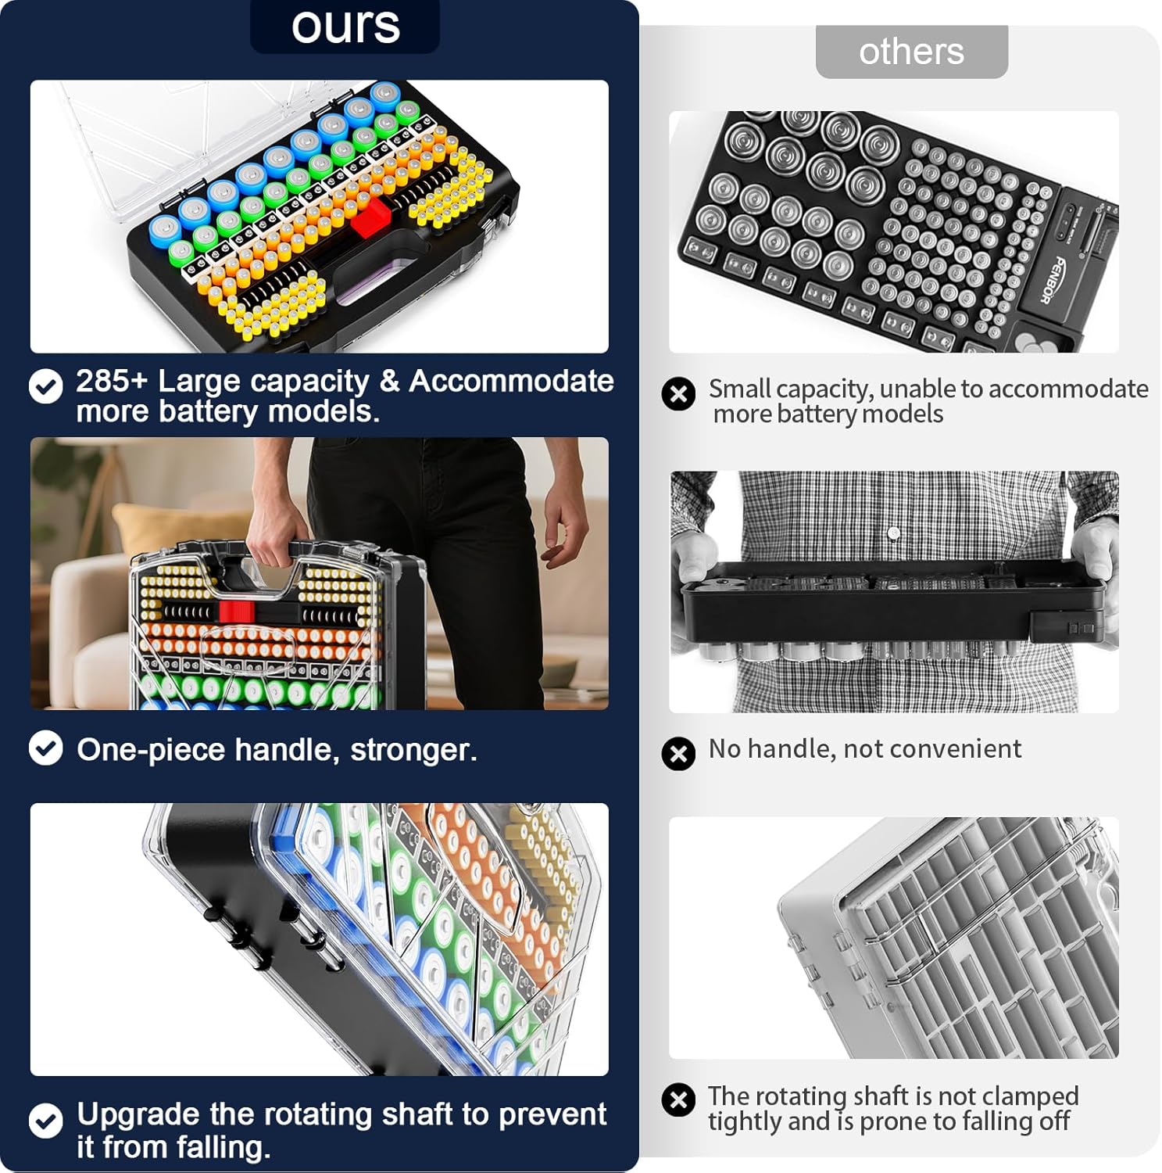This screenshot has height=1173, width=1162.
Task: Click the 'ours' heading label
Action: coord(345,26)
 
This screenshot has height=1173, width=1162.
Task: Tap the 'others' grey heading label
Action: coord(911,52)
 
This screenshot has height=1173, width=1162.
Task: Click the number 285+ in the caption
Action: coord(112,381)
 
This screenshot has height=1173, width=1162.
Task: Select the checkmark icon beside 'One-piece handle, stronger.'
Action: coord(46,748)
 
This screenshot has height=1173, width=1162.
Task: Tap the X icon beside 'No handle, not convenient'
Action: coord(678,754)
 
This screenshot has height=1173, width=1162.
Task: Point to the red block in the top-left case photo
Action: coord(370,216)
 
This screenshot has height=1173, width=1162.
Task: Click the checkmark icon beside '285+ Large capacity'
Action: coord(46,386)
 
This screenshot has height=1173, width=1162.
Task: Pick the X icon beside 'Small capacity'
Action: coord(678,393)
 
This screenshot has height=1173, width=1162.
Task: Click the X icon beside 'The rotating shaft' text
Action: coord(678,1100)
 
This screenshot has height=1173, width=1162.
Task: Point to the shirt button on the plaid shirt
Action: coord(894,533)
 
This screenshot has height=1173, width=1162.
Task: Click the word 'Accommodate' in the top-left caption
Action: coord(511,381)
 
